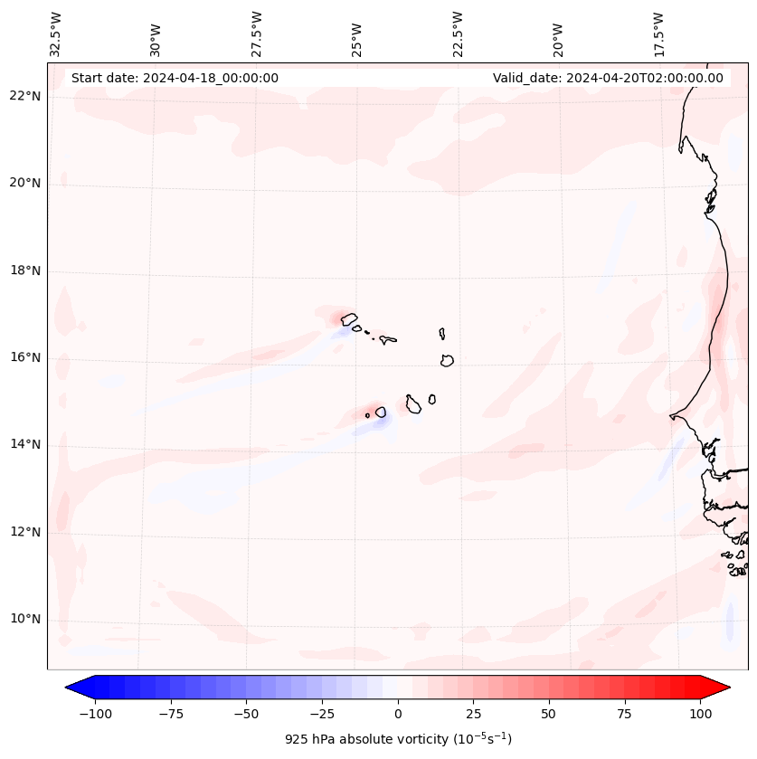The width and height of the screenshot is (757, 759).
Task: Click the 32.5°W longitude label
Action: point(56,33)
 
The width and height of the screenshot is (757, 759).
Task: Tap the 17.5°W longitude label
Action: point(658,33)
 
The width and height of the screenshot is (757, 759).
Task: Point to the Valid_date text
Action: point(608,78)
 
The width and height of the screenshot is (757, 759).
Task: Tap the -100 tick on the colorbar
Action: point(95,714)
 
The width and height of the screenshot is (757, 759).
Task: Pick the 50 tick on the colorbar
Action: point(549,714)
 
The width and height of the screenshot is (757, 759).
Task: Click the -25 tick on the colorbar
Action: point(322,714)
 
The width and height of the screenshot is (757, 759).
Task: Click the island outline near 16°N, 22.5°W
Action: point(447,360)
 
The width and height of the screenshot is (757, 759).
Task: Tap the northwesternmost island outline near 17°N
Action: point(349,318)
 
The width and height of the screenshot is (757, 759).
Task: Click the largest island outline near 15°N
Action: point(413,404)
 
